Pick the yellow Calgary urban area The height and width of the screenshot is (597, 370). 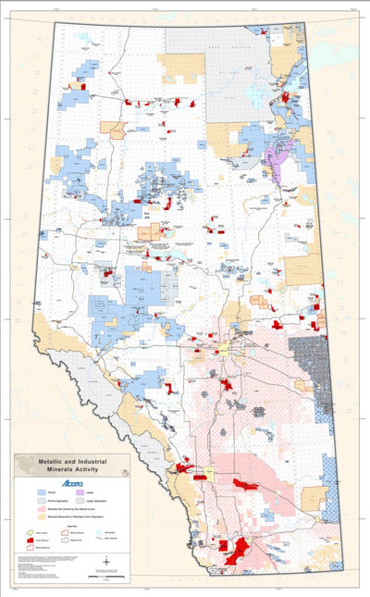(205, 470)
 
